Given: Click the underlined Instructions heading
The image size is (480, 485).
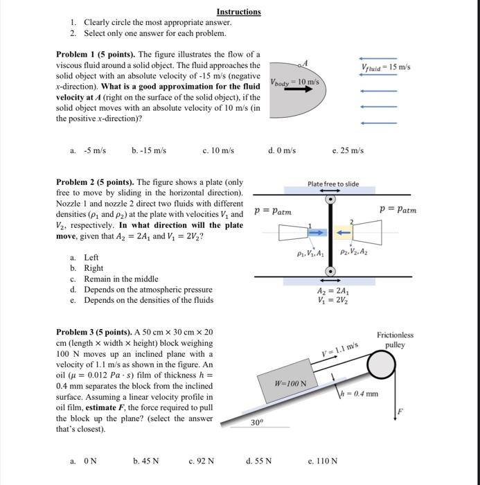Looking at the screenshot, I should [238, 12].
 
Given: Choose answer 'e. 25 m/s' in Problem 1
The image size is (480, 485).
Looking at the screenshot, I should [348, 150].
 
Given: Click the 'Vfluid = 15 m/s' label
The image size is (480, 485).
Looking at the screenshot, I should [386, 67].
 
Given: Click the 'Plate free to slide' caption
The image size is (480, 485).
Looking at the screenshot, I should [333, 184].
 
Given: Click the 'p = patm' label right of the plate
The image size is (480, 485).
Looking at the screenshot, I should [398, 209].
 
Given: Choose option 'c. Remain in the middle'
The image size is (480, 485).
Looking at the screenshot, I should [112, 279].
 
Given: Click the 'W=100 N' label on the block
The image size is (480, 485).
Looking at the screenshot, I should [285, 382].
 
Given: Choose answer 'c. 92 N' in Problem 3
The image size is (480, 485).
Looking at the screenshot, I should [201, 460].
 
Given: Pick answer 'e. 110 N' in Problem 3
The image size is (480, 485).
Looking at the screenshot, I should [322, 460].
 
